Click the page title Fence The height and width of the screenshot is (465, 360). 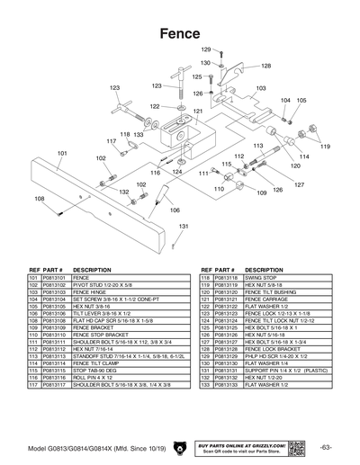point(180,33)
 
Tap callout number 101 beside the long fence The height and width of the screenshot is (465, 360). point(62,154)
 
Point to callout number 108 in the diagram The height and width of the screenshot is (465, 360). point(40,199)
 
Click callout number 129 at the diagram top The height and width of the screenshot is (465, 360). point(205,49)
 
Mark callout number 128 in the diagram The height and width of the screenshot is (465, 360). point(266,66)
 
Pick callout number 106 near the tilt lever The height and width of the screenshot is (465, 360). point(162,210)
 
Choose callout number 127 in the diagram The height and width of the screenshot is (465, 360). point(300,184)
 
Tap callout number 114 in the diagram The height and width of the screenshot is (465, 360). point(305,156)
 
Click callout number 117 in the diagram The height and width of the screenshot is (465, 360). point(112,141)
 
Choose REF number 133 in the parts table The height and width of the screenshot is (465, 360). point(205,386)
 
